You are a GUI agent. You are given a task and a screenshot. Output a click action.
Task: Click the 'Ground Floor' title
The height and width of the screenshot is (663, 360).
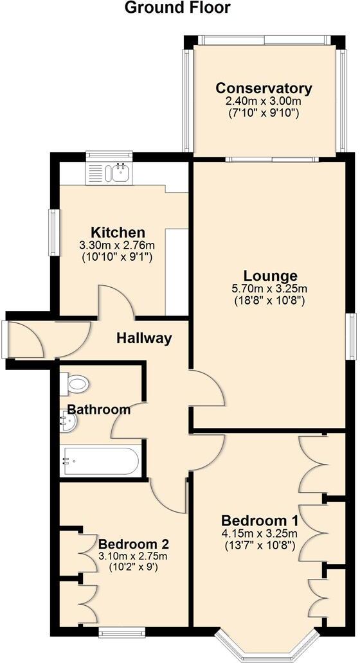177,8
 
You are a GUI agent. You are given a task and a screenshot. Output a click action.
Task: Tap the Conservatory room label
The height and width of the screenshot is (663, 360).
264,89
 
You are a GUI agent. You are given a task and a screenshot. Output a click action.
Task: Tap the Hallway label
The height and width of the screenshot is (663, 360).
144,338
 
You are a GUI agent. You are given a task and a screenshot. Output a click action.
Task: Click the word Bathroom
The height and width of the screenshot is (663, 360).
99,409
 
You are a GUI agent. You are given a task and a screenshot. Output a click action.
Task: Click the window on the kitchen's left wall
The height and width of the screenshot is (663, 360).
53,233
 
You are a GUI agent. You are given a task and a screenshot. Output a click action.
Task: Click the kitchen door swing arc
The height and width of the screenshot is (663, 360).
115,301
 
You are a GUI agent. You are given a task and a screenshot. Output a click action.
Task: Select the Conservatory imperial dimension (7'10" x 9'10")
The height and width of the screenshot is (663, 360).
264,113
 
